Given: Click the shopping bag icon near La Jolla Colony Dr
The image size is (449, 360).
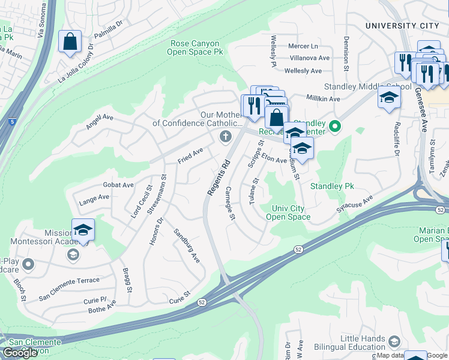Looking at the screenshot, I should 70,42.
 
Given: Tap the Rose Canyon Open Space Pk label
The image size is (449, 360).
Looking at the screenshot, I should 195,48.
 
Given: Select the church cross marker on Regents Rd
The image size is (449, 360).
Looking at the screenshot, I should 226,137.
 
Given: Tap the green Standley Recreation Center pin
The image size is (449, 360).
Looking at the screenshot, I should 336,126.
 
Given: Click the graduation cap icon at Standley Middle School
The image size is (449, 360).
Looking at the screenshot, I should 389,97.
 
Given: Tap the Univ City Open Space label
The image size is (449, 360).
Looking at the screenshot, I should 288,212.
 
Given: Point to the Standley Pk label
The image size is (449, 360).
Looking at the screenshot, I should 332,187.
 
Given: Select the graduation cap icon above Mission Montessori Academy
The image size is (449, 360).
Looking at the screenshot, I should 83,230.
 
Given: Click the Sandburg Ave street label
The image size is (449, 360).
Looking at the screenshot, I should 186,245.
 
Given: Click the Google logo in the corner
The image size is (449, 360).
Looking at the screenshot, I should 20,353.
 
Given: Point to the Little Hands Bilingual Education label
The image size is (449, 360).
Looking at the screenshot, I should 363,343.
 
